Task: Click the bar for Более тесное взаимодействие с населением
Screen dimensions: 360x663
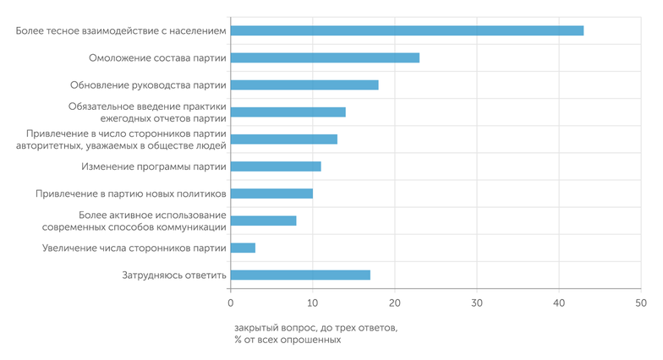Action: click(x=407, y=30)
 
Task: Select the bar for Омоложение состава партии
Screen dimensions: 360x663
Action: click(x=325, y=57)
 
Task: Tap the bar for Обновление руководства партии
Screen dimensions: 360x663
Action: click(x=304, y=85)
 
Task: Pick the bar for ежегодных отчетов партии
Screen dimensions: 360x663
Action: click(x=288, y=112)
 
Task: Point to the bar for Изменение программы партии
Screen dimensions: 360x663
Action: click(x=276, y=166)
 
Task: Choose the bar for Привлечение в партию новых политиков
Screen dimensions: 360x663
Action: click(x=271, y=194)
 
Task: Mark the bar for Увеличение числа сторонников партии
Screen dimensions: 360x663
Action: click(x=243, y=248)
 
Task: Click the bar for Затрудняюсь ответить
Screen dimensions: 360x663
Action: click(x=300, y=275)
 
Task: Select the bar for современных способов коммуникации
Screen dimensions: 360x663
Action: click(x=263, y=221)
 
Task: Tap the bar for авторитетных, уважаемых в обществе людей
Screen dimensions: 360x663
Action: click(x=283, y=139)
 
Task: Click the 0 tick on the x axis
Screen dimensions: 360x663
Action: click(x=230, y=303)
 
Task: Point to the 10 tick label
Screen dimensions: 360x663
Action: click(x=312, y=303)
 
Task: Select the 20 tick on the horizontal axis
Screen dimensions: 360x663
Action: click(x=394, y=303)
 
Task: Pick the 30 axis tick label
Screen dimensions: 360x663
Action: click(x=476, y=303)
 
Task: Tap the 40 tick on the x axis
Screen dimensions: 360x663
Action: click(x=558, y=303)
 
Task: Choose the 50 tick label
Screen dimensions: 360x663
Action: click(x=640, y=303)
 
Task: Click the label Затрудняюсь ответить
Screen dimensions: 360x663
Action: click(x=173, y=275)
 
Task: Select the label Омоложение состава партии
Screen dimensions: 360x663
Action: click(x=157, y=57)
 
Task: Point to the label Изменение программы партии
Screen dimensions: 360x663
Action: click(x=153, y=166)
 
